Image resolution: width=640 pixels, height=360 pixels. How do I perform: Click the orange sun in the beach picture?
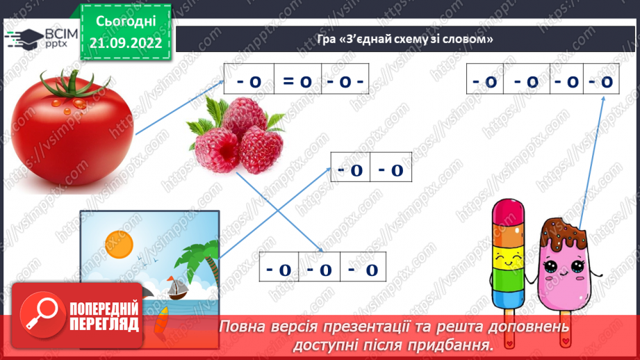[x=118, y=243]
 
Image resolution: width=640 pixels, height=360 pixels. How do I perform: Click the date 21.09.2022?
[x=127, y=42]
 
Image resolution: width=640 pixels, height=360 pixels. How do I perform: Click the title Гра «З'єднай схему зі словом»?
[x=401, y=39]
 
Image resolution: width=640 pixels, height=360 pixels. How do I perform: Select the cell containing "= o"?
[x=297, y=81]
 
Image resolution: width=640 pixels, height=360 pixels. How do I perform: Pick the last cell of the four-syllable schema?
[x=601, y=81]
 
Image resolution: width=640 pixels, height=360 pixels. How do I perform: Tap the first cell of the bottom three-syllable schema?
[x=279, y=269]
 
